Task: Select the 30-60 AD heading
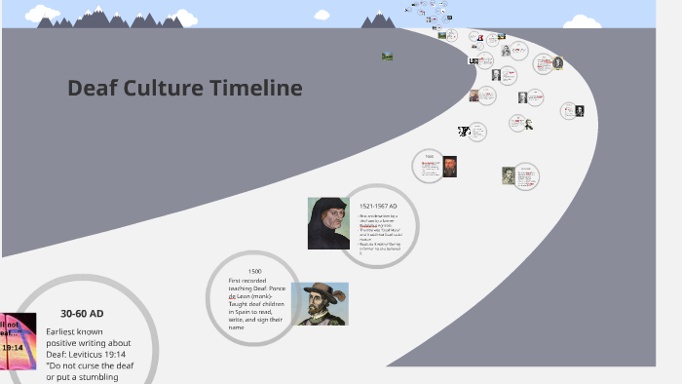pyautogui.click(x=82, y=314)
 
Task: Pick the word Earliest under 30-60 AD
pyautogui.click(x=61, y=331)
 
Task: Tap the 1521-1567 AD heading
pyautogui.click(x=378, y=207)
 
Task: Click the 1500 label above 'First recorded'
pyautogui.click(x=254, y=271)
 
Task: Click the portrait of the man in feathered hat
pyautogui.click(x=320, y=303)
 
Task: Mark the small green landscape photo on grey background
pyautogui.click(x=387, y=56)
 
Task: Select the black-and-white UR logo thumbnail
pyautogui.click(x=474, y=60)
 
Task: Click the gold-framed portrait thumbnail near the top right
pyautogui.click(x=557, y=63)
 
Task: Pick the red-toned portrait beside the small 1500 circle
pyautogui.click(x=449, y=167)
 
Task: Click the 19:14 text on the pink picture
pyautogui.click(x=13, y=346)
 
